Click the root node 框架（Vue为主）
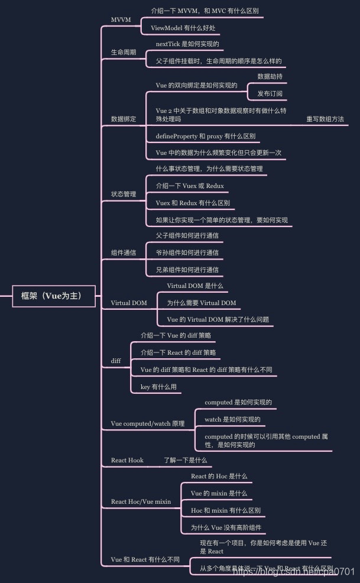[x=54, y=296]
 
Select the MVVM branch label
[x=121, y=20]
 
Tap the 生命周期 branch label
[x=124, y=52]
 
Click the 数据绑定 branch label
[x=124, y=119]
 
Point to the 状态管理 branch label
[x=124, y=194]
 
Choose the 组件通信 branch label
[x=124, y=252]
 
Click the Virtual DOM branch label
[x=129, y=303]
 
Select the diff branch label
[x=116, y=360]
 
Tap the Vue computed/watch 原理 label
[x=148, y=423]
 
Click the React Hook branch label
[x=127, y=460]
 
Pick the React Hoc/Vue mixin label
[x=141, y=501]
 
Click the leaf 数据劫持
[x=270, y=76]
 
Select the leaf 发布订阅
[x=270, y=93]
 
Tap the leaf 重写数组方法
[x=325, y=119]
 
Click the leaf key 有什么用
[x=158, y=387]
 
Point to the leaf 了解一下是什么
[x=185, y=460]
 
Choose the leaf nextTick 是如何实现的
[x=189, y=44]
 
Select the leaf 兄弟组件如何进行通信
[x=187, y=270]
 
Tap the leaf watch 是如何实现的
[x=232, y=420]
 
